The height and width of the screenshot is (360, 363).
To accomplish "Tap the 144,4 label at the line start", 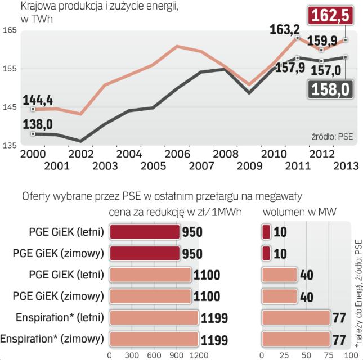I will click(x=38, y=100).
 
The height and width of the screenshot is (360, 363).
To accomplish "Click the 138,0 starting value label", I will click(x=38, y=123).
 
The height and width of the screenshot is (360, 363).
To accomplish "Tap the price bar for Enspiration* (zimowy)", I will click(x=154, y=339).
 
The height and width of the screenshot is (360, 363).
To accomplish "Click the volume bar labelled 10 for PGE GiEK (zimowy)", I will click(x=266, y=254).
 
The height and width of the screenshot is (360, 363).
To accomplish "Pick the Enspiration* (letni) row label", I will click(x=52, y=318).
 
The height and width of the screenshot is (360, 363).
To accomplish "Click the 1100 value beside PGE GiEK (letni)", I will click(x=207, y=276).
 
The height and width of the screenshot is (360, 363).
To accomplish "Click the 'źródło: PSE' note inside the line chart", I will click(x=333, y=137).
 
